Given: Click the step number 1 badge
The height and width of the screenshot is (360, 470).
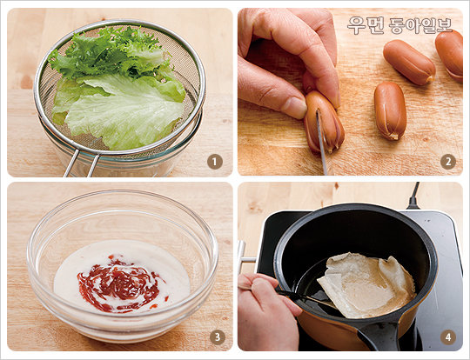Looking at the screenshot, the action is pyautogui.click(x=215, y=162).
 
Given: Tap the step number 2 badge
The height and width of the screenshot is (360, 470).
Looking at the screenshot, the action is pyautogui.click(x=448, y=162).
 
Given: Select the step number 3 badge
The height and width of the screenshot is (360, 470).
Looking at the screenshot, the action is pyautogui.click(x=217, y=337).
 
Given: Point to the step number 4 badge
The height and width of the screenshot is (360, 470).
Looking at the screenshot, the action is pyautogui.click(x=448, y=337).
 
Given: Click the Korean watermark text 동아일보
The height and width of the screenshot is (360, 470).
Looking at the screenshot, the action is pyautogui.click(x=420, y=25).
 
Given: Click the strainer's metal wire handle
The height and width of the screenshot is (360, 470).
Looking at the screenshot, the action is pyautogui.click(x=81, y=163).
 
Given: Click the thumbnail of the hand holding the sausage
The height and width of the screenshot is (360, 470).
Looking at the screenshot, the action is pyautogui.click(x=295, y=107).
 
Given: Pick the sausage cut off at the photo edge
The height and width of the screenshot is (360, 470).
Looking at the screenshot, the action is pyautogui.click(x=450, y=55).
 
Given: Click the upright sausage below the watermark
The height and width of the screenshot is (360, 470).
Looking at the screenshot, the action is pyautogui.click(x=390, y=110).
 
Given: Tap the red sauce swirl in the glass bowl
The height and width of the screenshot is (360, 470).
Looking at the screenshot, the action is pyautogui.click(x=120, y=283).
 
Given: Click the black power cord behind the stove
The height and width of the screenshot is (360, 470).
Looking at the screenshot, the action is pyautogui.click(x=414, y=196).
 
